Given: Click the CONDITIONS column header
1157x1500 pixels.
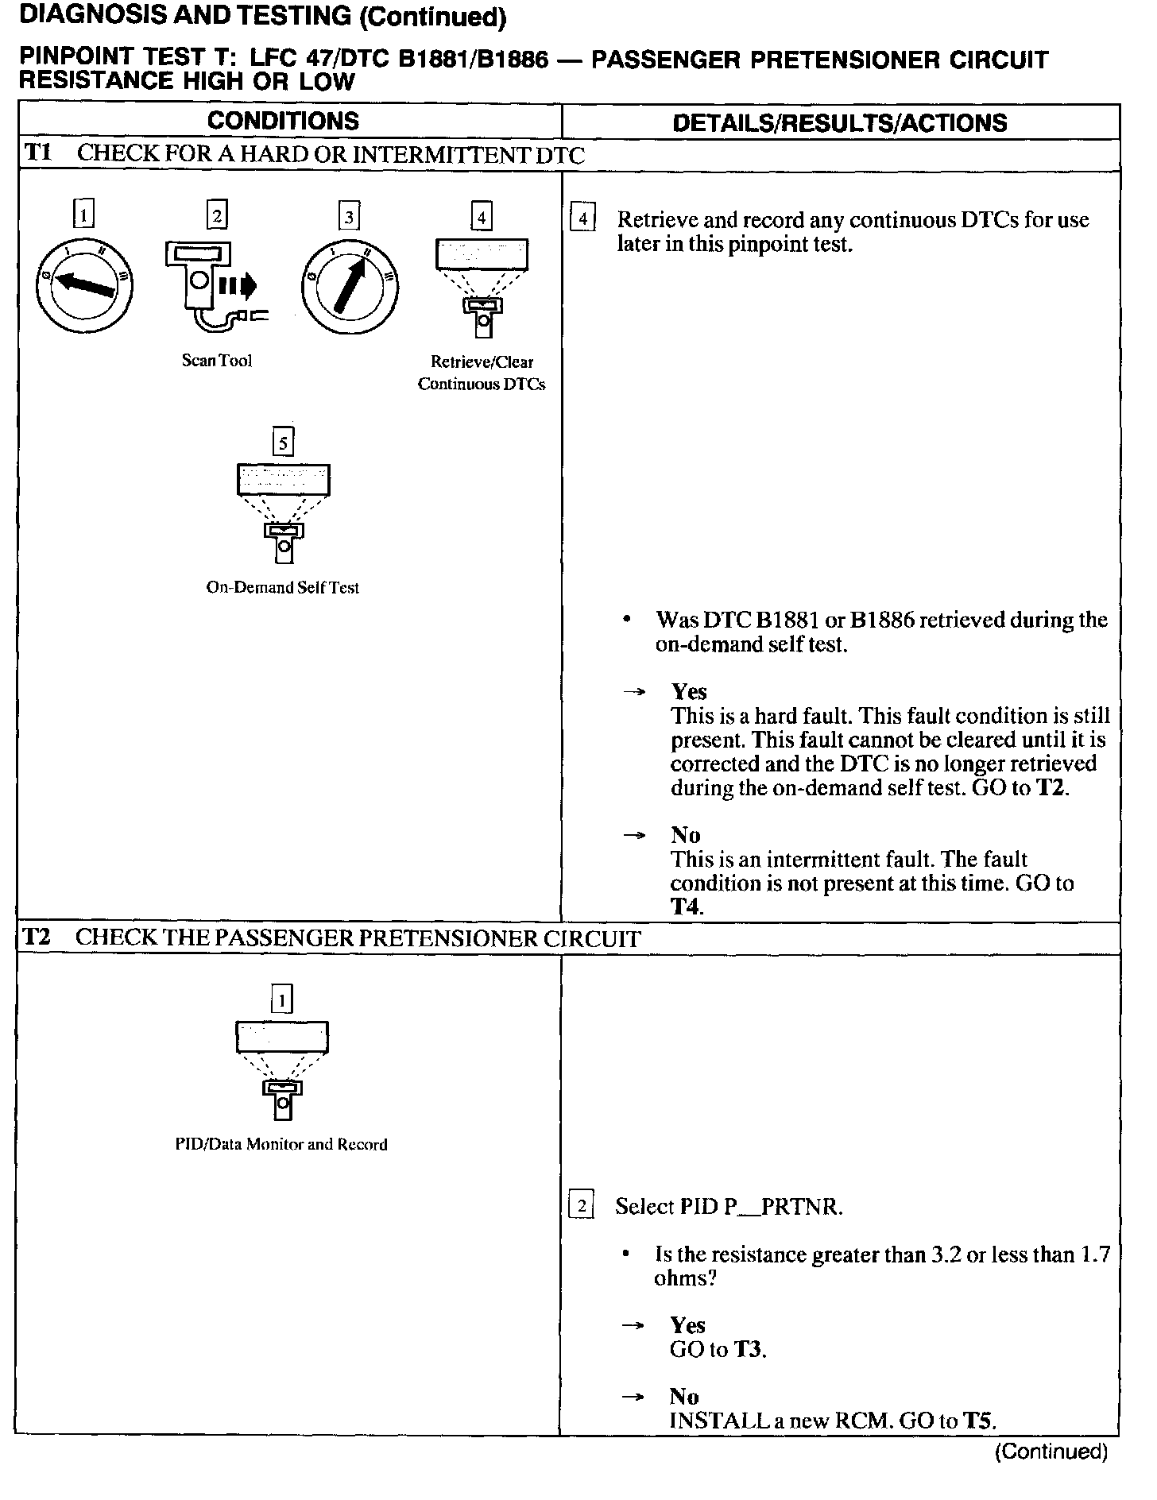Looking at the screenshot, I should pos(283,122).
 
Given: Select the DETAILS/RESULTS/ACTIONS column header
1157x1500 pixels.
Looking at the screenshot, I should pos(839,123).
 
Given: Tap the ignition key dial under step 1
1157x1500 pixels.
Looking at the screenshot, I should pos(83,285).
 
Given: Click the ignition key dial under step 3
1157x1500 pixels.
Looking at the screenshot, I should pos(350,285).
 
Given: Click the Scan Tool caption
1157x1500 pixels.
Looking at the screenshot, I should pos(217,361).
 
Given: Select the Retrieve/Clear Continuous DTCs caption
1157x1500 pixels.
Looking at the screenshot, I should pos(482,373).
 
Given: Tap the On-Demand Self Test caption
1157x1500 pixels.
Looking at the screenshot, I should pos(283,588).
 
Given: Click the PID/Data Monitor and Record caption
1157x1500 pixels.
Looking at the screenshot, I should pos(281,1145).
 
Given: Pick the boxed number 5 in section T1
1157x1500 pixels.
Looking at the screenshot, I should pos(283,442).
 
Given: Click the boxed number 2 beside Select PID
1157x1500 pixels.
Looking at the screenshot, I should pos(582,1206).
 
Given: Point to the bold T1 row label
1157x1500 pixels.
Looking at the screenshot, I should pos(37,153).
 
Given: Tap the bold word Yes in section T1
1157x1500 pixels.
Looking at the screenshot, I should pos(689,691).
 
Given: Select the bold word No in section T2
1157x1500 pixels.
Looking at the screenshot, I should pos(684,1396).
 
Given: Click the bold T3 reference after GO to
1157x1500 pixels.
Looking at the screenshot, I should pos(749,1349).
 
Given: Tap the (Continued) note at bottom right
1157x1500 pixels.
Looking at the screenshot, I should pos(1051,1452).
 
